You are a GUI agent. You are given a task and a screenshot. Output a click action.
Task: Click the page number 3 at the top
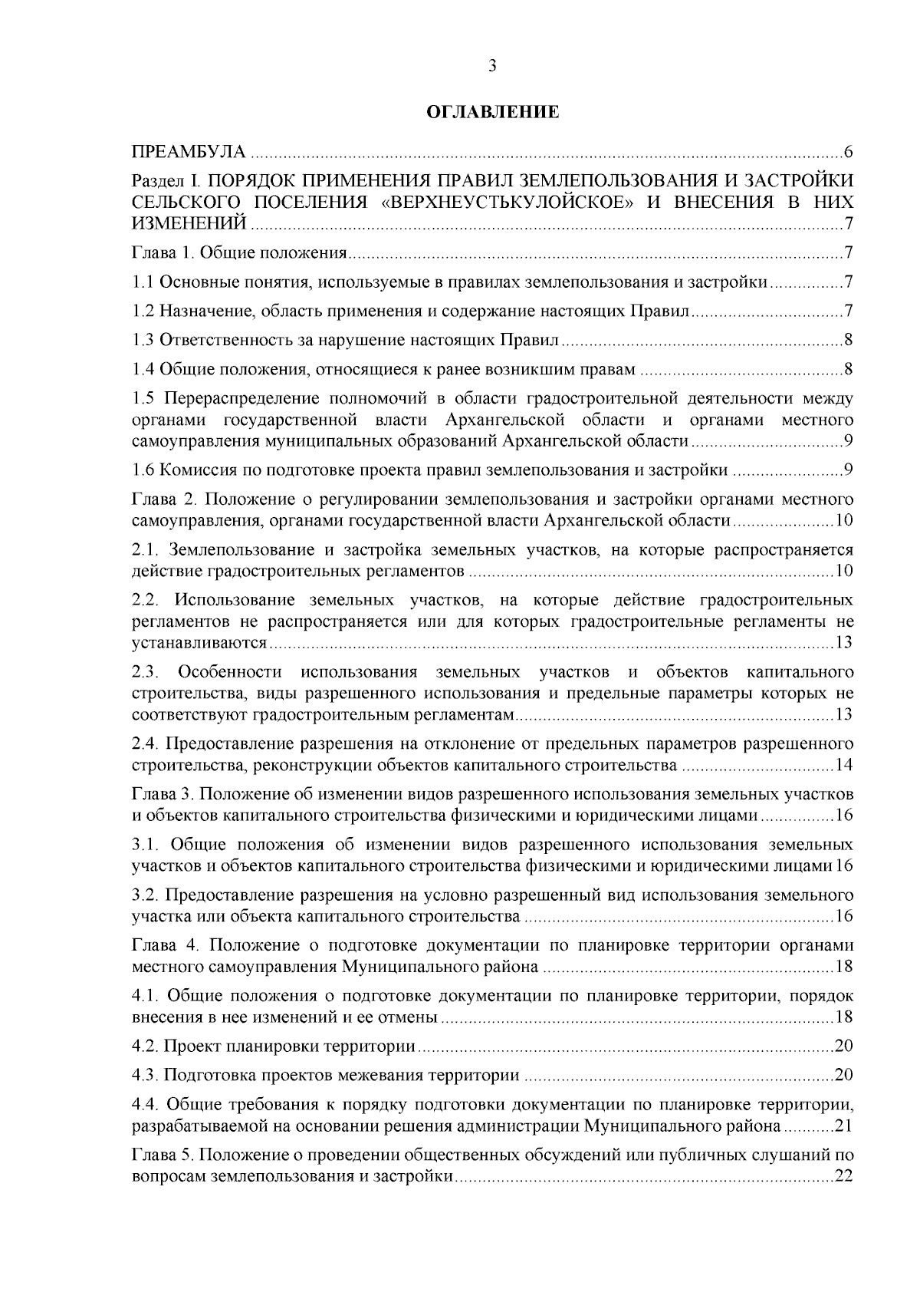[492, 67]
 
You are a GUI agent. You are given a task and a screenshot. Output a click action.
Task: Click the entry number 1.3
[143, 341]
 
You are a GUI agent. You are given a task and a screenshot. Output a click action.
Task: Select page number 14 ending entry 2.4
[844, 766]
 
